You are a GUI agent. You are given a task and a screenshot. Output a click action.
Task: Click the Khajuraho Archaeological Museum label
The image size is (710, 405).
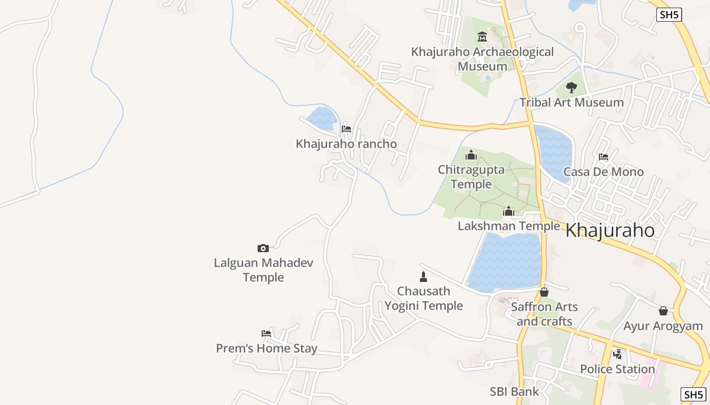coord(482,59)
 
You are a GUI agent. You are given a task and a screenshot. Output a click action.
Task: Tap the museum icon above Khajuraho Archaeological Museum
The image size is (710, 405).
coord(482,37)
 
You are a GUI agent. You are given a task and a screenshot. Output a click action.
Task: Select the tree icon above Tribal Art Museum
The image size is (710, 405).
coord(572,88)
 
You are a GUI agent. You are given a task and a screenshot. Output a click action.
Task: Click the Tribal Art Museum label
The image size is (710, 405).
coord(572,102)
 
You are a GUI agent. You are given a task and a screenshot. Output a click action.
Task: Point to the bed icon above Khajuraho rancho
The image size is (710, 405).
coord(346,129)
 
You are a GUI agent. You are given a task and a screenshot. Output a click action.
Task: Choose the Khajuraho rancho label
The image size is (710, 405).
coord(346,144)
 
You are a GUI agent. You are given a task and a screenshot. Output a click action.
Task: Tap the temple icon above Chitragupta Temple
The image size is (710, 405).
coord(471,155)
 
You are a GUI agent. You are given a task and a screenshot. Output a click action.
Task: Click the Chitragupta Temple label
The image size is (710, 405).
coord(471,177)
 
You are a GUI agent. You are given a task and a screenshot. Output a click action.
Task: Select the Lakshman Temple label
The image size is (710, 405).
coord(509,226)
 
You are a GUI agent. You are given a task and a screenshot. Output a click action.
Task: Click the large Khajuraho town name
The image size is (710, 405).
coord(610,231)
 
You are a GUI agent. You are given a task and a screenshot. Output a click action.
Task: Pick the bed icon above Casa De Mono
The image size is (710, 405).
coord(603,157)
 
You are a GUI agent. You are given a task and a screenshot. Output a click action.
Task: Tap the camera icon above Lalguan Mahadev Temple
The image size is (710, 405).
coord(263,248)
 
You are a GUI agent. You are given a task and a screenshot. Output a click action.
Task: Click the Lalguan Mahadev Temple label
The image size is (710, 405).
coord(263,270)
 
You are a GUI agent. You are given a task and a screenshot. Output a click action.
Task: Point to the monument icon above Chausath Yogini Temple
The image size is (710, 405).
coord(423,276)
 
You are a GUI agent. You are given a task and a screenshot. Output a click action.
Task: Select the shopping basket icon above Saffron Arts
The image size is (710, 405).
coord(544,292)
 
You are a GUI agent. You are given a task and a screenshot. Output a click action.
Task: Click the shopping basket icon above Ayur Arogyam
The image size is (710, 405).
coord(663,311)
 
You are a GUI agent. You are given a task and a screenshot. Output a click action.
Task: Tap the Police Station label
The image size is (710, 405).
coord(618,369)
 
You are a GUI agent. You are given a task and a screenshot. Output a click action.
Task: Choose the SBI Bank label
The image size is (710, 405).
coord(514,391)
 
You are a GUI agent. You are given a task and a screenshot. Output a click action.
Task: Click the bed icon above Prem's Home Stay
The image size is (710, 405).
coord(266,334)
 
